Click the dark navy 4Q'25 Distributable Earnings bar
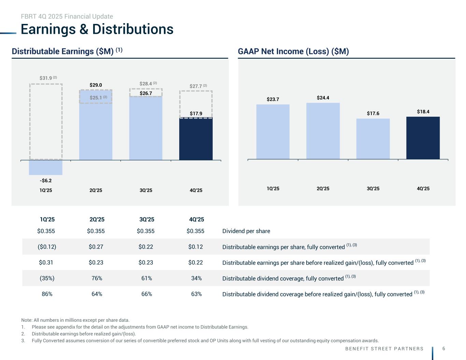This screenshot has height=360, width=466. tap(196, 139)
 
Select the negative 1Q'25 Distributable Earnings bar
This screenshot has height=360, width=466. tap(46, 168)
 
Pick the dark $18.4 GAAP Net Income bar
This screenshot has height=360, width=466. tap(423, 138)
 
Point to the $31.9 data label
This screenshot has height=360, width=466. tap(46, 78)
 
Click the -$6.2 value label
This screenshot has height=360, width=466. tap(46, 181)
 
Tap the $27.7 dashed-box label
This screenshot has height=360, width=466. tap(196, 86)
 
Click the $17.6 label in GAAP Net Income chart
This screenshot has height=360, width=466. tap(373, 113)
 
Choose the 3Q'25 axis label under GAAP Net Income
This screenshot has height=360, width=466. tap(373, 188)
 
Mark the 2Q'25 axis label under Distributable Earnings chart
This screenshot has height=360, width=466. tap(96, 190)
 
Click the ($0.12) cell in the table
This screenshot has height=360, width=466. tap(47, 247)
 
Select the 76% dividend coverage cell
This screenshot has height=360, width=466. tap(97, 278)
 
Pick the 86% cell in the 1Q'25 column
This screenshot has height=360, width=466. tap(47, 294)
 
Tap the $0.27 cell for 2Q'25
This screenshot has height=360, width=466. tap(96, 247)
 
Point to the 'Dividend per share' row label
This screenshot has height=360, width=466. tap(246, 231)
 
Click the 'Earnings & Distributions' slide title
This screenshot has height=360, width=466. tap(97, 29)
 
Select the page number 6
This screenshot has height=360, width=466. tap(443, 348)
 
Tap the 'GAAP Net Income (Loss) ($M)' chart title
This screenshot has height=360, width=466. tap(293, 52)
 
